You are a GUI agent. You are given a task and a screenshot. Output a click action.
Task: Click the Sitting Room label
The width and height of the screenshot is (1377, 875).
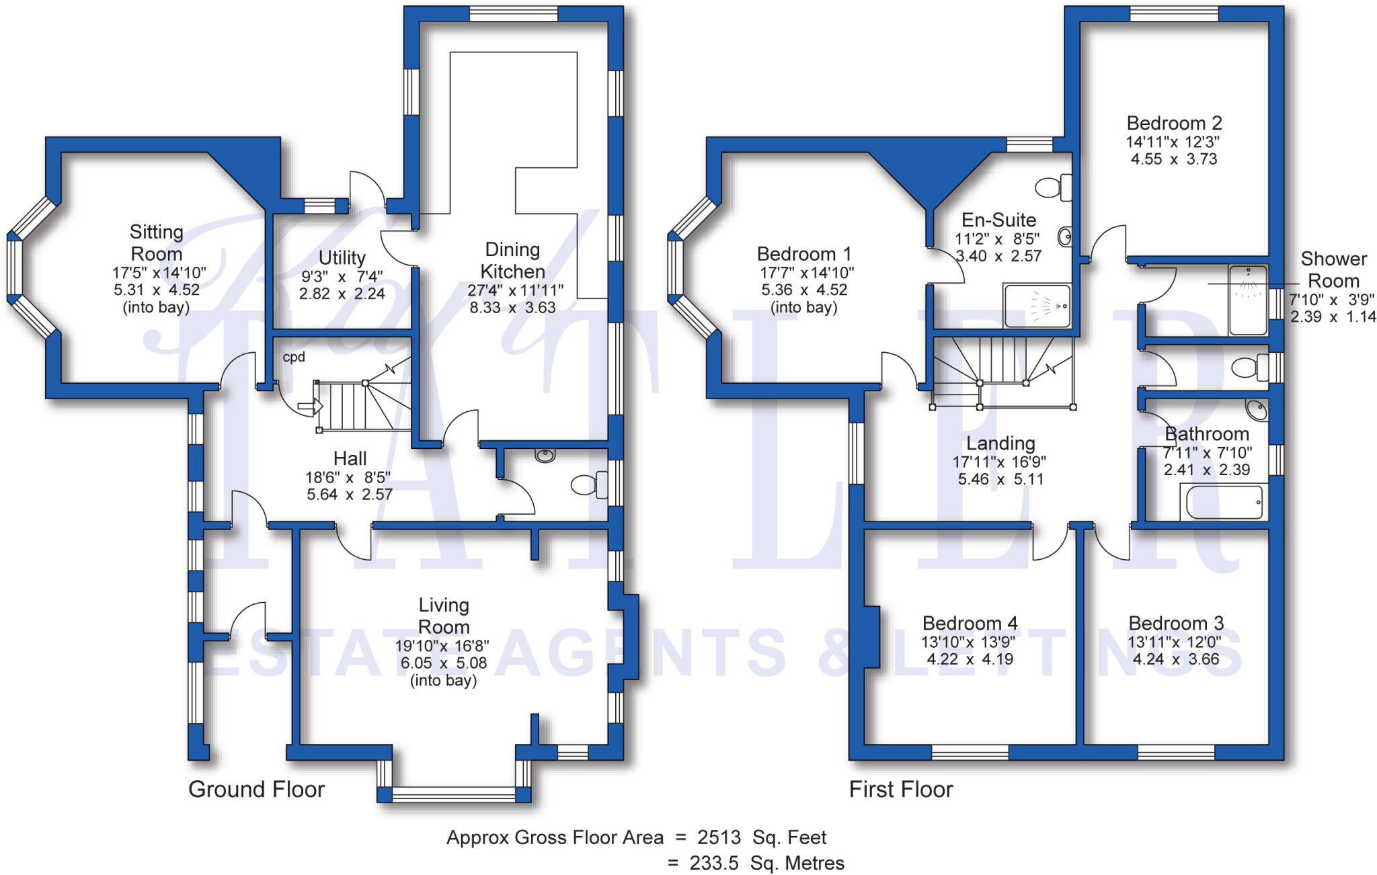pyautogui.click(x=156, y=243)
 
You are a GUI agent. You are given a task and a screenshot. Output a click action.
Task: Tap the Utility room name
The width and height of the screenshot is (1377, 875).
pyautogui.click(x=342, y=257)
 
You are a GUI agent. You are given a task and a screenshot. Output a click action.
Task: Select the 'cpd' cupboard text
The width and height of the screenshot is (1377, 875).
pyautogui.click(x=294, y=357)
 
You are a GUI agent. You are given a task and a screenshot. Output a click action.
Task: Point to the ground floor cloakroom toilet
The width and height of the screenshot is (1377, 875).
pyautogui.click(x=588, y=484)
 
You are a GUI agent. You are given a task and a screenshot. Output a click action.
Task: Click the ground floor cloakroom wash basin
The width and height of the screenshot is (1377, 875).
pyautogui.click(x=545, y=456)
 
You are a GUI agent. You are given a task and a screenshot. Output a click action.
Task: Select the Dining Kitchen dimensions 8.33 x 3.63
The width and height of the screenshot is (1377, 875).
pyautogui.click(x=512, y=308)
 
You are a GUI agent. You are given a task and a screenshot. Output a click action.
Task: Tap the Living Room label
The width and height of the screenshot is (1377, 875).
pyautogui.click(x=443, y=616)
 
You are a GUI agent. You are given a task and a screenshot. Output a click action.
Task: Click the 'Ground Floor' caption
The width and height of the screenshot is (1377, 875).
pyautogui.click(x=256, y=789)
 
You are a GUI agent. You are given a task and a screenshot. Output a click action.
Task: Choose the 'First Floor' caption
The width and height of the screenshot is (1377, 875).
pyautogui.click(x=900, y=789)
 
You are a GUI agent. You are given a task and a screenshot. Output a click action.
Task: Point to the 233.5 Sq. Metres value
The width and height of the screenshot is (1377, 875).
pyautogui.click(x=766, y=863)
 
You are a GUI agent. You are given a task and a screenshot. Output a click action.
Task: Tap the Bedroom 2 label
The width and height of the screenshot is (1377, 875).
pyautogui.click(x=1174, y=123)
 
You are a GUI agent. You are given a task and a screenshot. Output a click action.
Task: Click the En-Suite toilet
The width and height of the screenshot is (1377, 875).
pyautogui.click(x=1053, y=187)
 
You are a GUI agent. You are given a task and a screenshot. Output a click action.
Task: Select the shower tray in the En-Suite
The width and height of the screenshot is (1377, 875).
pyautogui.click(x=1036, y=306)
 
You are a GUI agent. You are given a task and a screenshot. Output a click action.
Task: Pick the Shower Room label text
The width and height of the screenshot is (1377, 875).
pyautogui.click(x=1333, y=269)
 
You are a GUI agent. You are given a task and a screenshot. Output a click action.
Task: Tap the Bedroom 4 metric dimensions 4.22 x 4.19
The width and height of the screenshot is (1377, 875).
pyautogui.click(x=970, y=659)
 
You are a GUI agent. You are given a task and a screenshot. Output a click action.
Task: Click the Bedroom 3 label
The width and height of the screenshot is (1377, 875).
pyautogui.click(x=1175, y=623)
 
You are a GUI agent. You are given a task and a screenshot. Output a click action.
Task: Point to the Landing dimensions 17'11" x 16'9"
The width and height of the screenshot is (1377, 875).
pyautogui.click(x=999, y=462)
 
